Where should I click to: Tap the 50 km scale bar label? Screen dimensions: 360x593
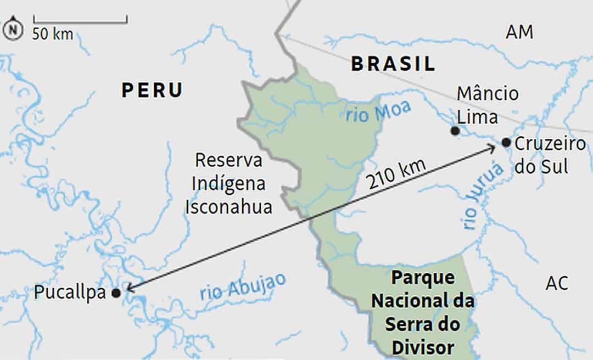53,33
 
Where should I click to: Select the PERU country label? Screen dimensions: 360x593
152,90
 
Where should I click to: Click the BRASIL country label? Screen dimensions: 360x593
393,64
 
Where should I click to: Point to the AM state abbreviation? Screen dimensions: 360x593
519,32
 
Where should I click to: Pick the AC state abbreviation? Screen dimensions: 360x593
557,283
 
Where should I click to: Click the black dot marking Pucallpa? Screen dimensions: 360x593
116,293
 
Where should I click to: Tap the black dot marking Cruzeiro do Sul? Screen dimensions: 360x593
506,143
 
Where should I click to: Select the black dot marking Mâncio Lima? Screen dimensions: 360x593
455,131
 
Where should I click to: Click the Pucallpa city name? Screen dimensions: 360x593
70,292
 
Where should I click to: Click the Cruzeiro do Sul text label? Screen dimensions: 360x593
550,155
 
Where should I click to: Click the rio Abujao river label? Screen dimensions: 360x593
243,286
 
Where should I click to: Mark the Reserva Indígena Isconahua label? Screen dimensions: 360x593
228,184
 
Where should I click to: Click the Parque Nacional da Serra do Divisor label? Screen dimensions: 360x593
423,312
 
